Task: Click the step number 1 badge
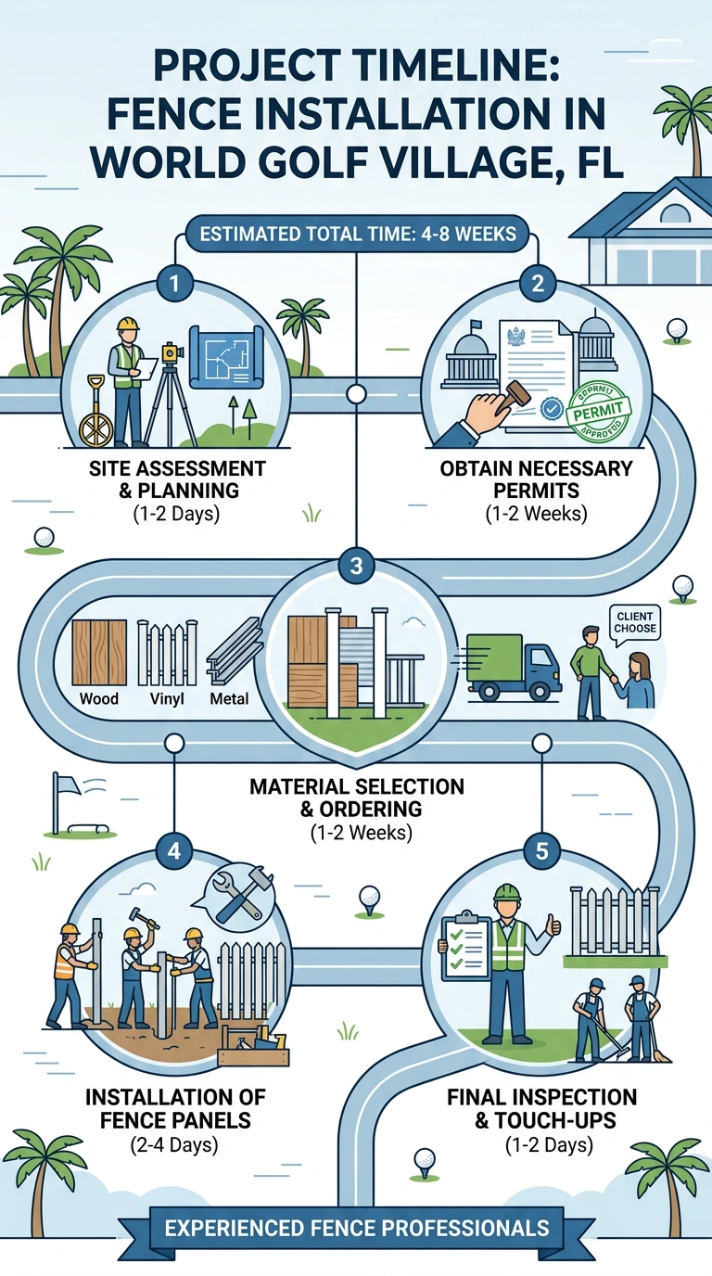pos(175,283)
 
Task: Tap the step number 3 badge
pos(356,566)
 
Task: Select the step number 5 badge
pos(541,851)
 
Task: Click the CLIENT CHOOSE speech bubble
pos(634,624)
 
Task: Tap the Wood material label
pos(99,698)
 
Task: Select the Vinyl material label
pos(167,698)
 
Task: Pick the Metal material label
pos(229,698)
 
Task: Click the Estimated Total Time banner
pos(358,234)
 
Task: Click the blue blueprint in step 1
pos(227,357)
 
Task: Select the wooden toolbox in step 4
pos(254,1047)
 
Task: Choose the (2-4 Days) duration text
pos(174,1144)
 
